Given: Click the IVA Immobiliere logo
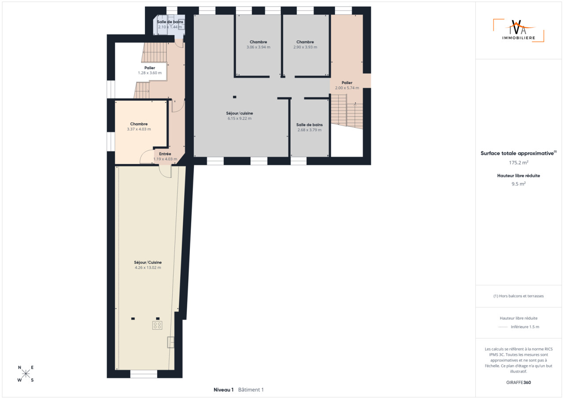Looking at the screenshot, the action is [x=519, y=30].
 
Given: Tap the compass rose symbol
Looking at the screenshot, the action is [x=26, y=373].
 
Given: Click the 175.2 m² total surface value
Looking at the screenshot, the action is [x=519, y=163].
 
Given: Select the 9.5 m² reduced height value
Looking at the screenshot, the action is [x=519, y=184].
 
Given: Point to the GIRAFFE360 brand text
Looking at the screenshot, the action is [x=519, y=382].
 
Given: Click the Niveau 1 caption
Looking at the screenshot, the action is [x=223, y=390].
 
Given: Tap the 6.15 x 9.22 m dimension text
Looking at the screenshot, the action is [x=239, y=118].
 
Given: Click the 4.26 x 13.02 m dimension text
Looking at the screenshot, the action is [x=148, y=268].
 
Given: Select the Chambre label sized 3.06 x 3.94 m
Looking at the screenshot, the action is [x=258, y=42].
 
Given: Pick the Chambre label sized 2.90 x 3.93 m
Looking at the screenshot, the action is [x=305, y=42].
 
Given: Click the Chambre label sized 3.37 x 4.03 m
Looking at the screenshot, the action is [x=139, y=124].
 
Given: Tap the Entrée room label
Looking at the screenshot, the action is [x=165, y=154].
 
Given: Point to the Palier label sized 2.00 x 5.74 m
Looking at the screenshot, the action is [x=347, y=83].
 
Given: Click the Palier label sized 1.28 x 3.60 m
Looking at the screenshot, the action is [x=149, y=68].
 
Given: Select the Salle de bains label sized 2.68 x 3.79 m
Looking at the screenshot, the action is [x=309, y=125].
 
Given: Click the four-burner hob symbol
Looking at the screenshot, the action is [x=157, y=325].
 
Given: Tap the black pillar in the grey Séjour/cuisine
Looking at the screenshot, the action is [x=235, y=97].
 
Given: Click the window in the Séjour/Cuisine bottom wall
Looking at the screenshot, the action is [x=144, y=374].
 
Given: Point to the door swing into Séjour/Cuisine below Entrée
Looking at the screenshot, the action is [x=165, y=172].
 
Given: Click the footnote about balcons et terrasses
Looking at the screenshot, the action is [x=519, y=296].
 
